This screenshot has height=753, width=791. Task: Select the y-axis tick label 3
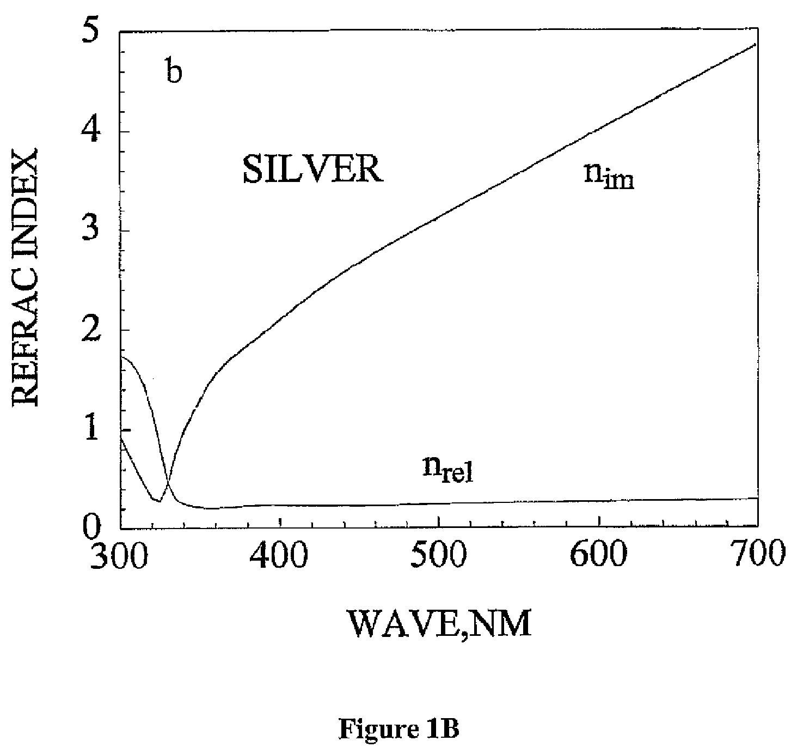[90, 229]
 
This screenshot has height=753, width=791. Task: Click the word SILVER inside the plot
[313, 169]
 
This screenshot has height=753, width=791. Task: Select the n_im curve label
[609, 178]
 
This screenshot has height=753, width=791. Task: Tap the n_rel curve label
[447, 469]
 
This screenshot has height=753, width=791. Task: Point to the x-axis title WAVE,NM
[439, 624]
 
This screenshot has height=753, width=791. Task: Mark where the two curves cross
[168, 482]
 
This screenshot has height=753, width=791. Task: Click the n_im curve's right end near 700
[756, 44]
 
